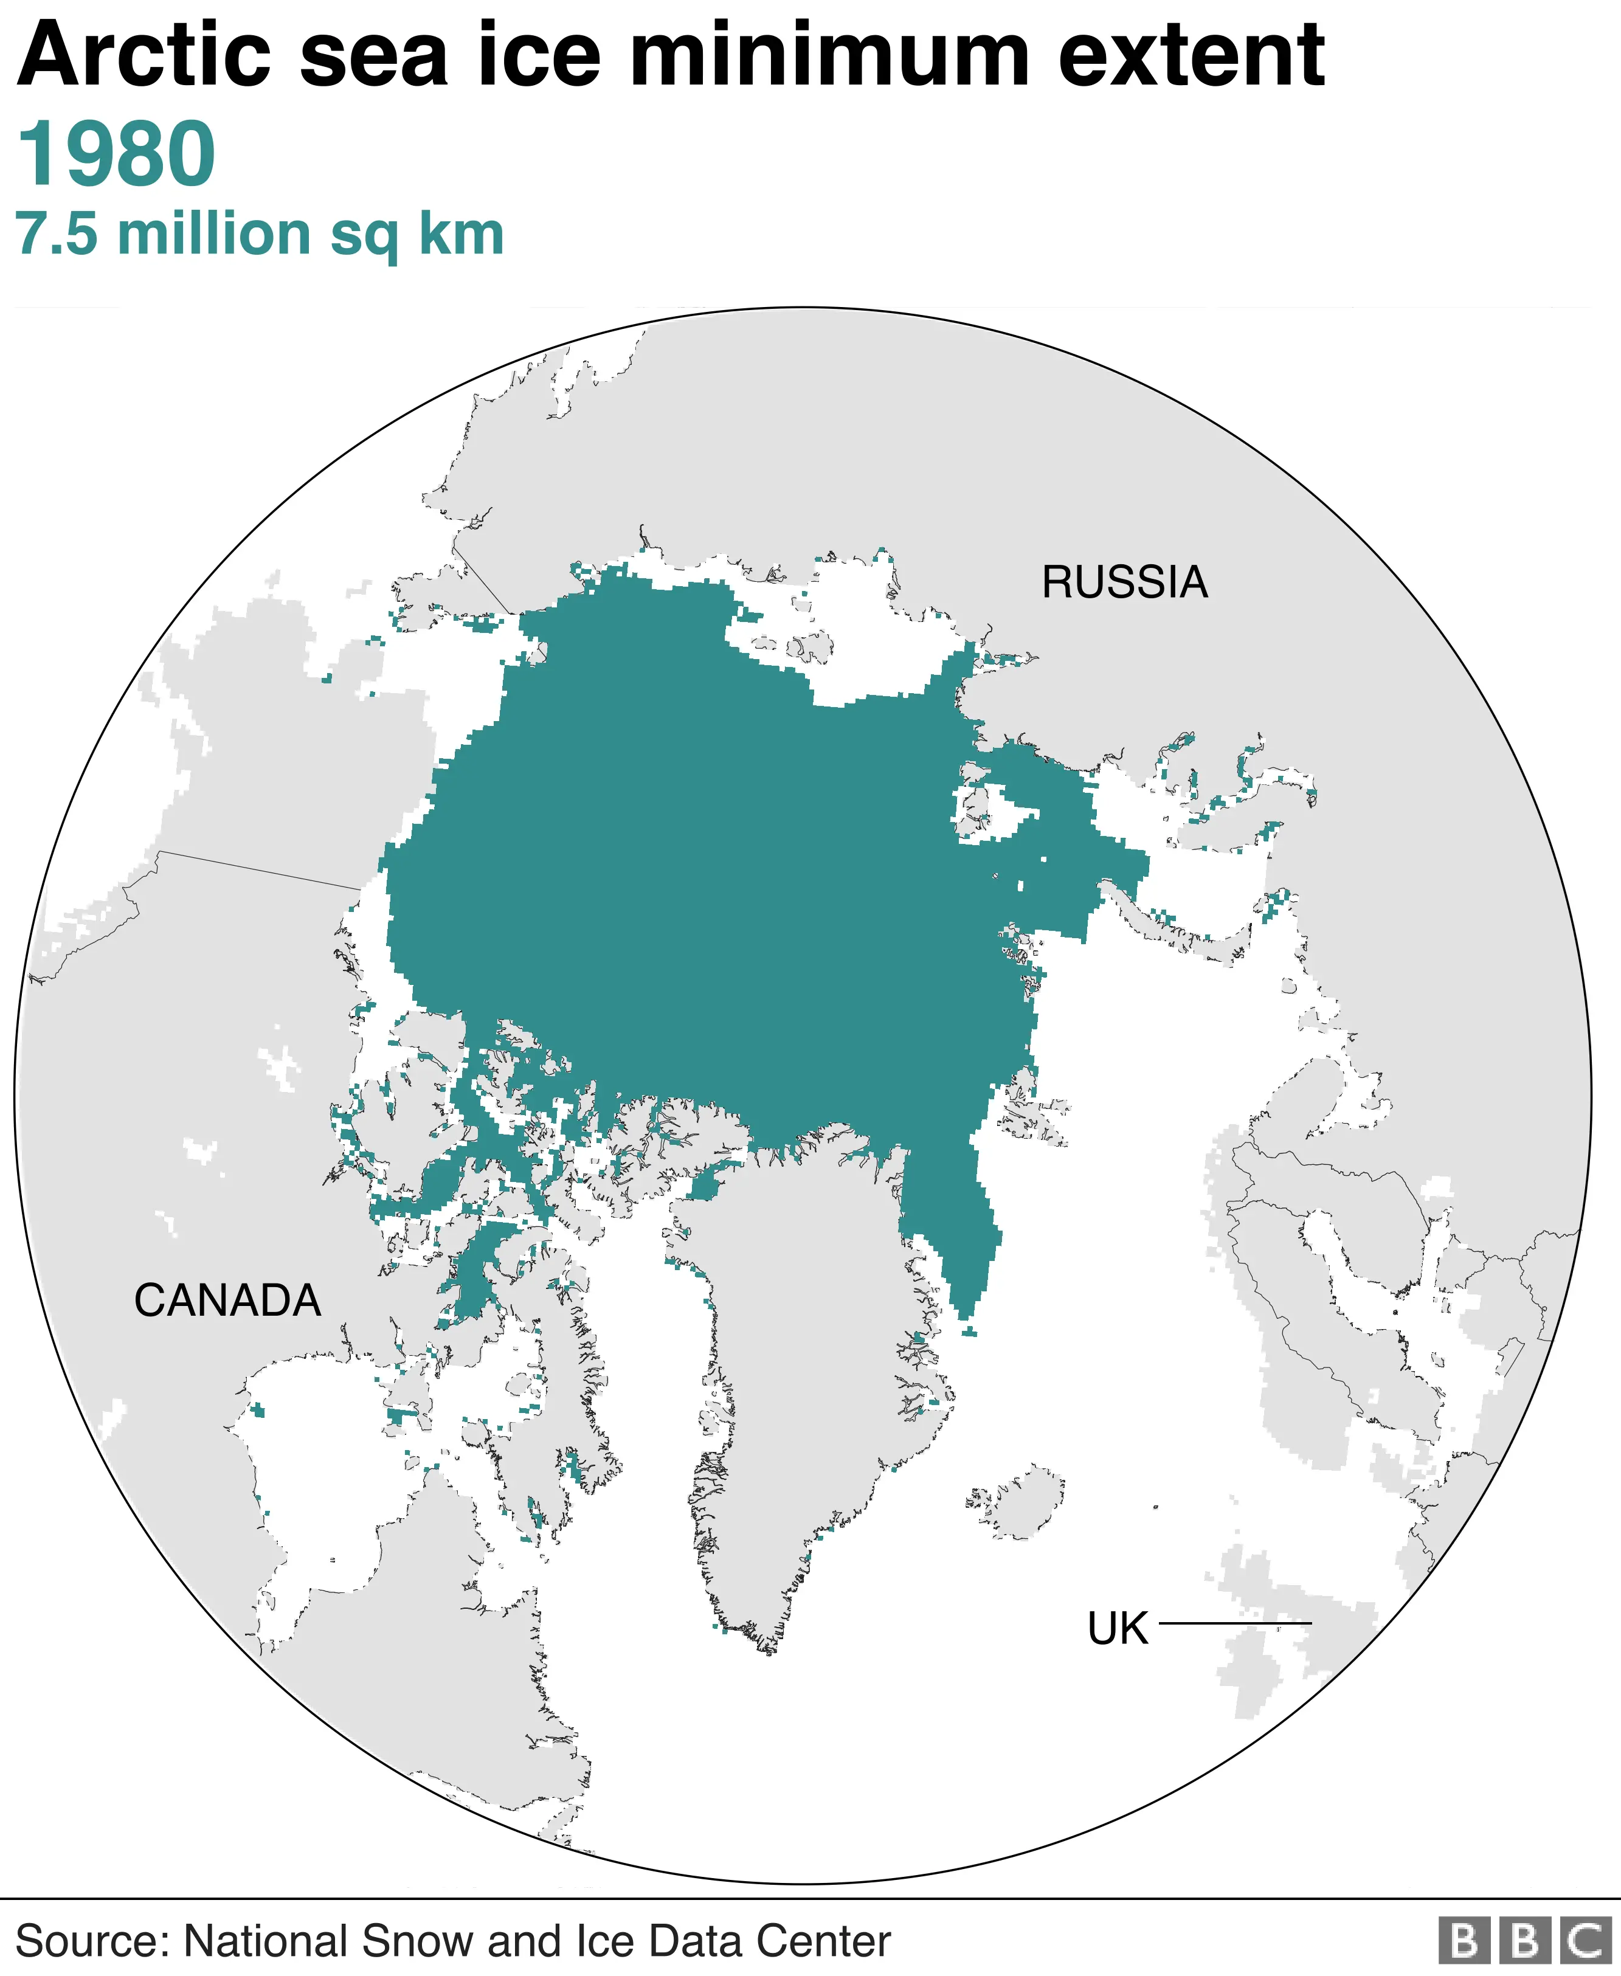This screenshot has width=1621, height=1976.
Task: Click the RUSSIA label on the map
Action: (1124, 582)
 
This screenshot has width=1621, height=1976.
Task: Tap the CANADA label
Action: (228, 1301)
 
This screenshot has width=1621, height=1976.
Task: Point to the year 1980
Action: (117, 154)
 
